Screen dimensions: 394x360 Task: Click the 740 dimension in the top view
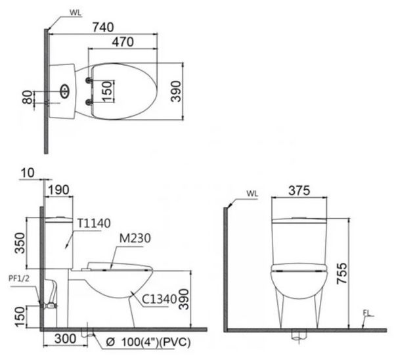[x=103, y=27]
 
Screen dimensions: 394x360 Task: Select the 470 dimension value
[x=123, y=42]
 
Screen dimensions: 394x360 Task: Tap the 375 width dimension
[x=299, y=191]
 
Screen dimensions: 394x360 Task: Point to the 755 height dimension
[x=341, y=273]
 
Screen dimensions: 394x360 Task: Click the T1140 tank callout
[x=94, y=223]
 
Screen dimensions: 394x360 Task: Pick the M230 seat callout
[x=135, y=238]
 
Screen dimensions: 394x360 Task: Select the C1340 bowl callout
[x=160, y=299]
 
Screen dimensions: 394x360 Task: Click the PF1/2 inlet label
[x=19, y=279]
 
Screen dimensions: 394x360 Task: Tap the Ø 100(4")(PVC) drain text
[x=148, y=342]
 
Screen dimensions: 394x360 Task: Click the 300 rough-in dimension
[x=65, y=339]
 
